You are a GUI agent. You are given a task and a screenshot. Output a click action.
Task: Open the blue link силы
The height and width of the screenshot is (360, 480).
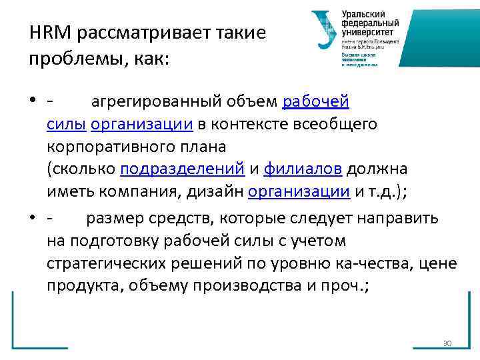67,124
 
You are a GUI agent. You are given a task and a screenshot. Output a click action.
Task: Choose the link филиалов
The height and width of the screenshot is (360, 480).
303,169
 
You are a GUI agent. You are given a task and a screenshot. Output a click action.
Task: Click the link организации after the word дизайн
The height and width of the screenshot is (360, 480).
299,192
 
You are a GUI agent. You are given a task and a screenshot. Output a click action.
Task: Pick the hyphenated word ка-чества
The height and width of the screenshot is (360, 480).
380,263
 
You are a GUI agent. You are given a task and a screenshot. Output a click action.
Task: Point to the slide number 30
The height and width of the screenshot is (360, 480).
447,343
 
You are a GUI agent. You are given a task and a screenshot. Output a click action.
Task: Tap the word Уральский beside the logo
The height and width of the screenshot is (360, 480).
365,13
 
